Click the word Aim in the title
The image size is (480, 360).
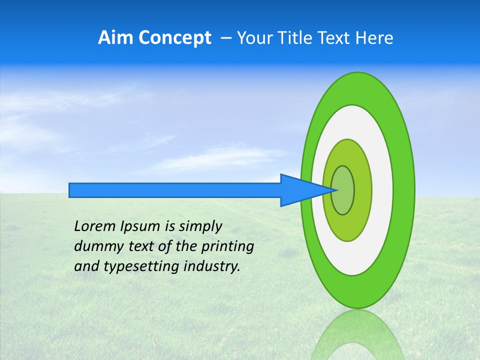pyautogui.click(x=116, y=38)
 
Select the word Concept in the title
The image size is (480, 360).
pyautogui.click(x=175, y=38)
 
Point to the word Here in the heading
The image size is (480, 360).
pyautogui.click(x=374, y=38)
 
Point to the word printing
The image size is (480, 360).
pyautogui.click(x=227, y=247)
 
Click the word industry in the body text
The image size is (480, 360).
pyautogui.click(x=212, y=267)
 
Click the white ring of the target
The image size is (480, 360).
pyautogui.click(x=382, y=190)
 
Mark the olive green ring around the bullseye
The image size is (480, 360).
pyautogui.click(x=364, y=190)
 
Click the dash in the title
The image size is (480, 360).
pyautogui.click(x=225, y=38)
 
